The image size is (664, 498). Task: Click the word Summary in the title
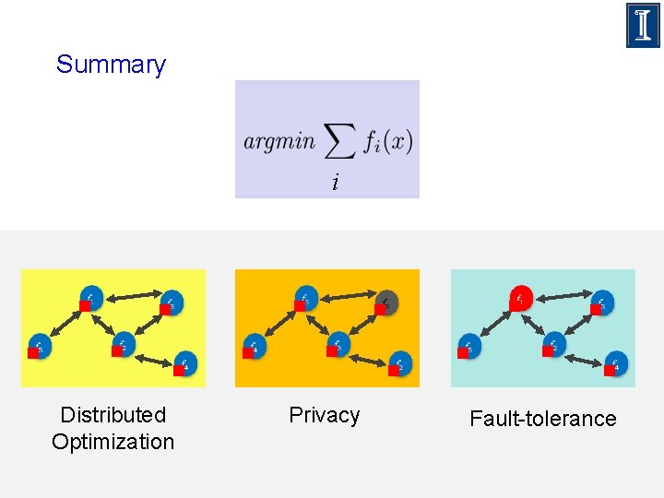pyautogui.click(x=111, y=65)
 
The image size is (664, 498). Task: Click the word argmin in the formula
pyautogui.click(x=279, y=142)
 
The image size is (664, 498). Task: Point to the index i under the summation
pyautogui.click(x=335, y=184)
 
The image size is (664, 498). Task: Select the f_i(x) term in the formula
pyautogui.click(x=387, y=142)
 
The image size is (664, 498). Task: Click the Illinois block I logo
pyautogui.click(x=643, y=25)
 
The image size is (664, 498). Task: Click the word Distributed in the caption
pyautogui.click(x=113, y=415)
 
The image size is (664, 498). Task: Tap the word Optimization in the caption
pyautogui.click(x=113, y=442)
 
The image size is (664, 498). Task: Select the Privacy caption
pyautogui.click(x=324, y=415)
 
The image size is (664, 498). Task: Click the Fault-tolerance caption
pyautogui.click(x=542, y=419)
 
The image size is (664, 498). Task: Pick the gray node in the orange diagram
pyautogui.click(x=386, y=302)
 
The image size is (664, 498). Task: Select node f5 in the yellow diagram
pyautogui.click(x=39, y=346)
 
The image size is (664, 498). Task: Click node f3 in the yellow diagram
pyautogui.click(x=171, y=302)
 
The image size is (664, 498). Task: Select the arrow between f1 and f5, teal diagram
pyautogui.click(x=495, y=323)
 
